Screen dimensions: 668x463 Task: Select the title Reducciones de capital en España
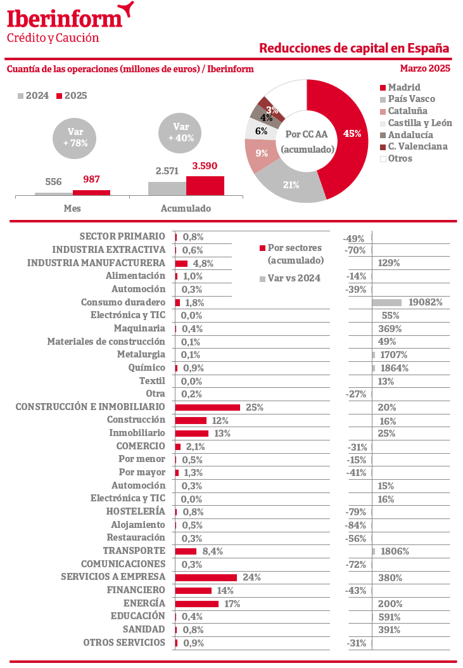[x=354, y=49]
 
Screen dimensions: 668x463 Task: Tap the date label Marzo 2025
[x=425, y=68]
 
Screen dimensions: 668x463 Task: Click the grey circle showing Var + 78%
[x=75, y=138]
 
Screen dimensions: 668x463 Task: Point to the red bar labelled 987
[x=91, y=192]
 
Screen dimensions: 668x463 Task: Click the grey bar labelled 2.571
[x=167, y=188]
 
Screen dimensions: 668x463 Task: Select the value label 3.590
[x=205, y=166]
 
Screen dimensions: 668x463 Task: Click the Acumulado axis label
[x=186, y=208]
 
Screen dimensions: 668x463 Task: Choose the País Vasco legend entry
[x=411, y=99]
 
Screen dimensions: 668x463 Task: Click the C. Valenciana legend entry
[x=417, y=146]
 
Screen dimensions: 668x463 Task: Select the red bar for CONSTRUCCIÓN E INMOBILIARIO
[x=208, y=407]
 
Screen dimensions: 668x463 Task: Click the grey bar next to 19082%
[x=387, y=302]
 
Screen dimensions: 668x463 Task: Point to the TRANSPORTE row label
[x=134, y=551]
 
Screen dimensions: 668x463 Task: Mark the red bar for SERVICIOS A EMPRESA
[x=206, y=577]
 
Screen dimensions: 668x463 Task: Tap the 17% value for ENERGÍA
[x=232, y=603]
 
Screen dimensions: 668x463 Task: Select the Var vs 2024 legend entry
[x=294, y=278]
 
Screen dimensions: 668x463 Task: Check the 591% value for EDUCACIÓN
[x=389, y=617]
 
